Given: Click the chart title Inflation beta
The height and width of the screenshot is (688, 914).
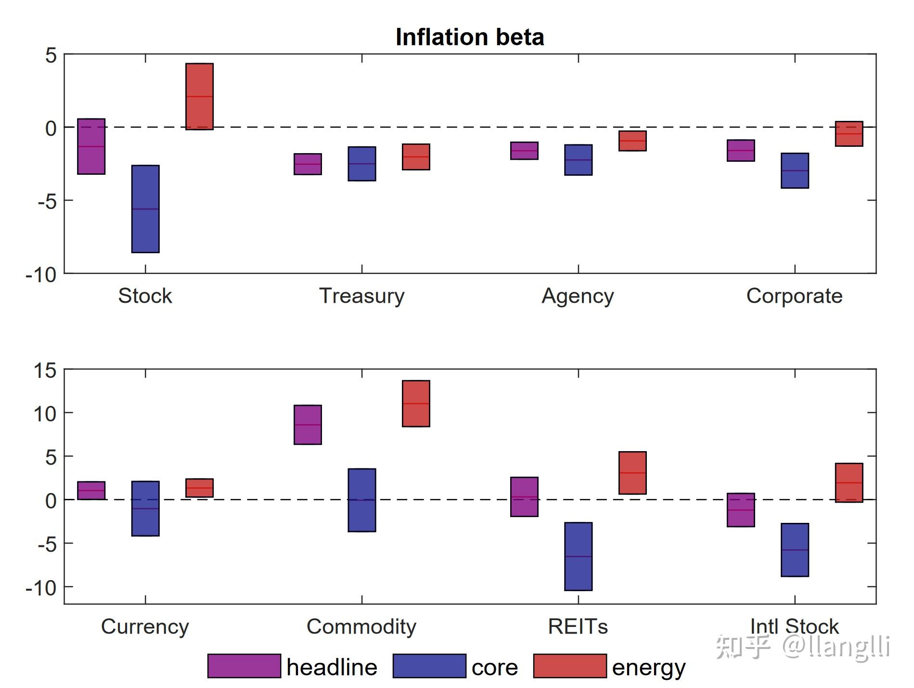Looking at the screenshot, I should (x=469, y=37).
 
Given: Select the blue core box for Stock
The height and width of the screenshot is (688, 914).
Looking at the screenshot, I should (x=145, y=208).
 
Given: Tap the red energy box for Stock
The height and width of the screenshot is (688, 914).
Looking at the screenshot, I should (x=199, y=96).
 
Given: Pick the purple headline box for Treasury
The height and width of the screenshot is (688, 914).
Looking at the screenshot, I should (x=308, y=164).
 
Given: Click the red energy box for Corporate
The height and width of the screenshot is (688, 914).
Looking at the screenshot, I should (x=849, y=134).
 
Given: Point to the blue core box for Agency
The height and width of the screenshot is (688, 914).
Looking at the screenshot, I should (x=578, y=160).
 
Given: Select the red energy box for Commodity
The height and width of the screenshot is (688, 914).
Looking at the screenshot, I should (x=416, y=403).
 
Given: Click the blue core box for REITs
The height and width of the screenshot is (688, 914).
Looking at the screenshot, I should (x=578, y=556).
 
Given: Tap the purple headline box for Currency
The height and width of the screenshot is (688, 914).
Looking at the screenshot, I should (x=91, y=490).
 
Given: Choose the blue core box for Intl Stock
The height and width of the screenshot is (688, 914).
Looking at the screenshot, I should (x=795, y=550).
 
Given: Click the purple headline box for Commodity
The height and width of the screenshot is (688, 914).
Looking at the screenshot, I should (x=308, y=425).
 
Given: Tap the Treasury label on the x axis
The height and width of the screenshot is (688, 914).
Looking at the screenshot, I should (x=362, y=296).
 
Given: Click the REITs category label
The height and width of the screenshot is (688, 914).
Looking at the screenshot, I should (x=578, y=626).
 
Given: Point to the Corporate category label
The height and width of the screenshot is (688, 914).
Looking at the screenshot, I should (x=794, y=296).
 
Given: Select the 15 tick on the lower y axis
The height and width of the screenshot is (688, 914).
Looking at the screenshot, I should (x=45, y=370).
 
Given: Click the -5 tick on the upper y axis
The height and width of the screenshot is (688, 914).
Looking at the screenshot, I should (x=47, y=201).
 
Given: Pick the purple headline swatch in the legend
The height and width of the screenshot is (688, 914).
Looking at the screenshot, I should (x=244, y=666).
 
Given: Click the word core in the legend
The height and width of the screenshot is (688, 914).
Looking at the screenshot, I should (x=494, y=667).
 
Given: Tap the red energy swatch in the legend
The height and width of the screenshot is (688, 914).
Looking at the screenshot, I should (x=570, y=666).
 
